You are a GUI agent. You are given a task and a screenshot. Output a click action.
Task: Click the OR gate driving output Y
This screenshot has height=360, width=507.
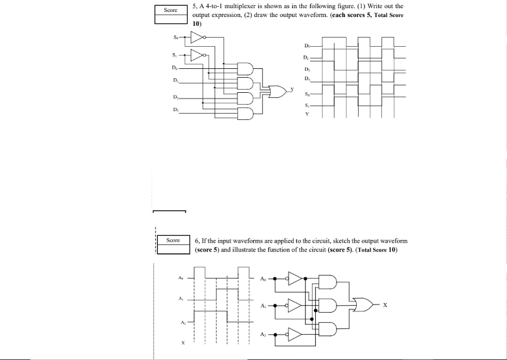pyautogui.click(x=276, y=91)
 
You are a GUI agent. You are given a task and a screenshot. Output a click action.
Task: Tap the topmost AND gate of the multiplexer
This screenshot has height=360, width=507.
pyautogui.click(x=245, y=68)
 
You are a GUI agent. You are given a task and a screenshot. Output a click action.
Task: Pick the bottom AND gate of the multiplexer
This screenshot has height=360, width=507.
pyautogui.click(x=245, y=113)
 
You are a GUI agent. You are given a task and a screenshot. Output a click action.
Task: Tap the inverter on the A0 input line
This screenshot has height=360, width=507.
pyautogui.click(x=294, y=277)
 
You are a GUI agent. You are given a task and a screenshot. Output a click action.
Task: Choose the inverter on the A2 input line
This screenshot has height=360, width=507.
pyautogui.click(x=294, y=333)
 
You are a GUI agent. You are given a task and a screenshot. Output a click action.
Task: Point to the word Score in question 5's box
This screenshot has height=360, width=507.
pyautogui.click(x=170, y=10)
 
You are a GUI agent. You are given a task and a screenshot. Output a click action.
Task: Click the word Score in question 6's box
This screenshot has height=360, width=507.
pyautogui.click(x=173, y=240)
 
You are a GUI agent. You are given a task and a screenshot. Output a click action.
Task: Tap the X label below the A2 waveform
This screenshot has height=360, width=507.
pyautogui.click(x=183, y=344)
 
